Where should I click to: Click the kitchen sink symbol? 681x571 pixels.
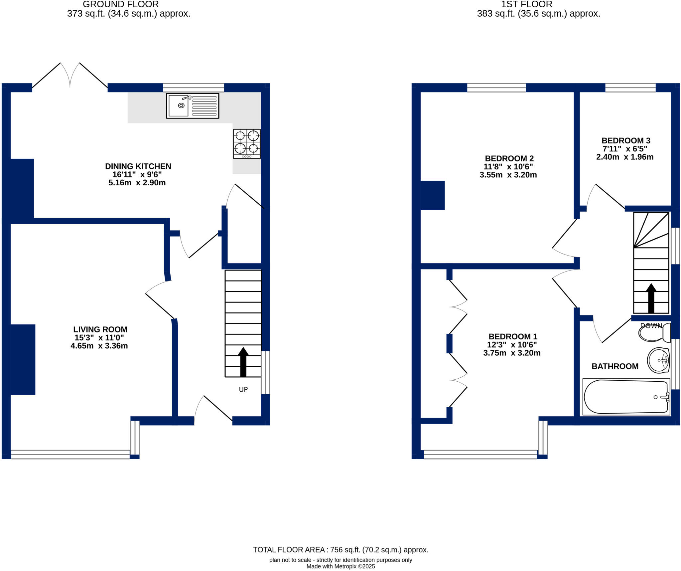(x=193, y=106)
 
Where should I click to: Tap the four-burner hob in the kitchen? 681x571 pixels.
(x=247, y=144)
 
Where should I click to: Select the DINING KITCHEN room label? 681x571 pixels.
(x=138, y=166)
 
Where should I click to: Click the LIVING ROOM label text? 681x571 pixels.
(x=100, y=329)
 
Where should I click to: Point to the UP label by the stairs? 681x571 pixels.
(x=243, y=389)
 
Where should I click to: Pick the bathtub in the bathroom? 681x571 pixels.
(x=626, y=397)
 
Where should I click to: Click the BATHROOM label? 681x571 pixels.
(x=615, y=366)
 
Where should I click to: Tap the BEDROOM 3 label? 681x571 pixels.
(x=626, y=140)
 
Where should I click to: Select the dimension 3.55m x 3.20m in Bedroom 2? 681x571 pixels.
(x=508, y=175)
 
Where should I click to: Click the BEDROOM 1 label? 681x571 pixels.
(x=513, y=336)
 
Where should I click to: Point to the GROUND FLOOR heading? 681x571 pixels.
(x=121, y=4)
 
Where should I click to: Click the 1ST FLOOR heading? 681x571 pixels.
(x=526, y=4)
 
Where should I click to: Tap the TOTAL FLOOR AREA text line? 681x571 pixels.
(x=340, y=550)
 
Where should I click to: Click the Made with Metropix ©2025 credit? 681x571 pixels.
(x=340, y=566)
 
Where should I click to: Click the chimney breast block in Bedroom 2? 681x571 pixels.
(x=432, y=195)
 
